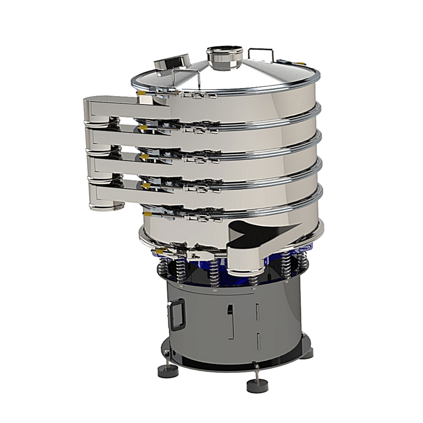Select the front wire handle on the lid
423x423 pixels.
tap(186, 79)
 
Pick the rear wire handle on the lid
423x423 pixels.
tap(260, 53)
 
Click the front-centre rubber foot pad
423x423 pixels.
tap(257, 385)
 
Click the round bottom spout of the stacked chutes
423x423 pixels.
tap(106, 206)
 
